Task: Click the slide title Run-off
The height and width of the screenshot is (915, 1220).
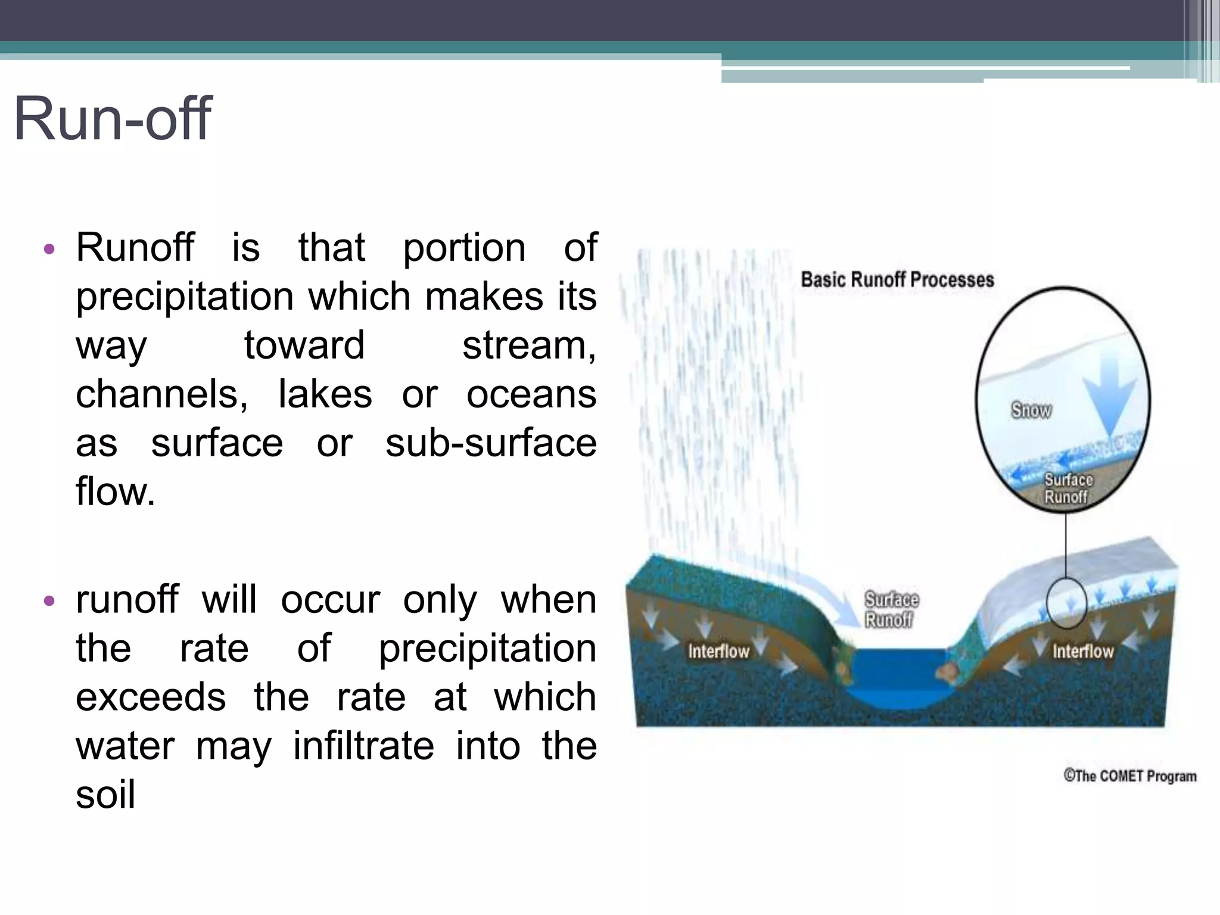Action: coord(112,119)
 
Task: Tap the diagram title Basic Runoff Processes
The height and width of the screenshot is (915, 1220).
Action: coord(897,279)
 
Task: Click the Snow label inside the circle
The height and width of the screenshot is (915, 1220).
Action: coord(1031,410)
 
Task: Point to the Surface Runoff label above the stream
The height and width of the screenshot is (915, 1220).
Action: coord(891,609)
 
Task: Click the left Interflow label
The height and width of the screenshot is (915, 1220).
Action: coord(718,651)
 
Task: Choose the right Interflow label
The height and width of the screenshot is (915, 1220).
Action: coord(1082,651)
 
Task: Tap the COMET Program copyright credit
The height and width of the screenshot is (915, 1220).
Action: coord(1129,776)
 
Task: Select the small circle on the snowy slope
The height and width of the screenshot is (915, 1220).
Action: coord(1066,603)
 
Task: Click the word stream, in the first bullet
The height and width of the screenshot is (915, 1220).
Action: coord(529,346)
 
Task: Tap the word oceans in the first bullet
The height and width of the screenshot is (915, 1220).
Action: coord(531,394)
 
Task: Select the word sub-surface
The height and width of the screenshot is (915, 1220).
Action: coord(491,443)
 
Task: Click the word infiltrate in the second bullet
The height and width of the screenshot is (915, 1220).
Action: coord(363,746)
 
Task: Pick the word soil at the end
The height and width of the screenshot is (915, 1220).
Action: coord(105,795)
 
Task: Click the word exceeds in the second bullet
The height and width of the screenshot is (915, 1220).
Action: coord(151,697)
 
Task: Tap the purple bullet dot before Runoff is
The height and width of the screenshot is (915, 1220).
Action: coord(49,248)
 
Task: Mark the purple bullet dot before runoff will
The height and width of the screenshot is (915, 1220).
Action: coord(49,600)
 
